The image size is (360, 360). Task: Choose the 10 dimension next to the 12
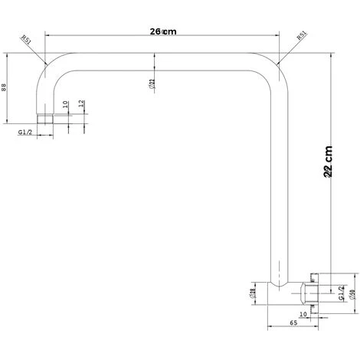coord(66,105)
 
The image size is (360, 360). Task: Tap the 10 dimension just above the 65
coord(303,313)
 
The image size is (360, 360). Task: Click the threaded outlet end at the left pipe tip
coord(45,119)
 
